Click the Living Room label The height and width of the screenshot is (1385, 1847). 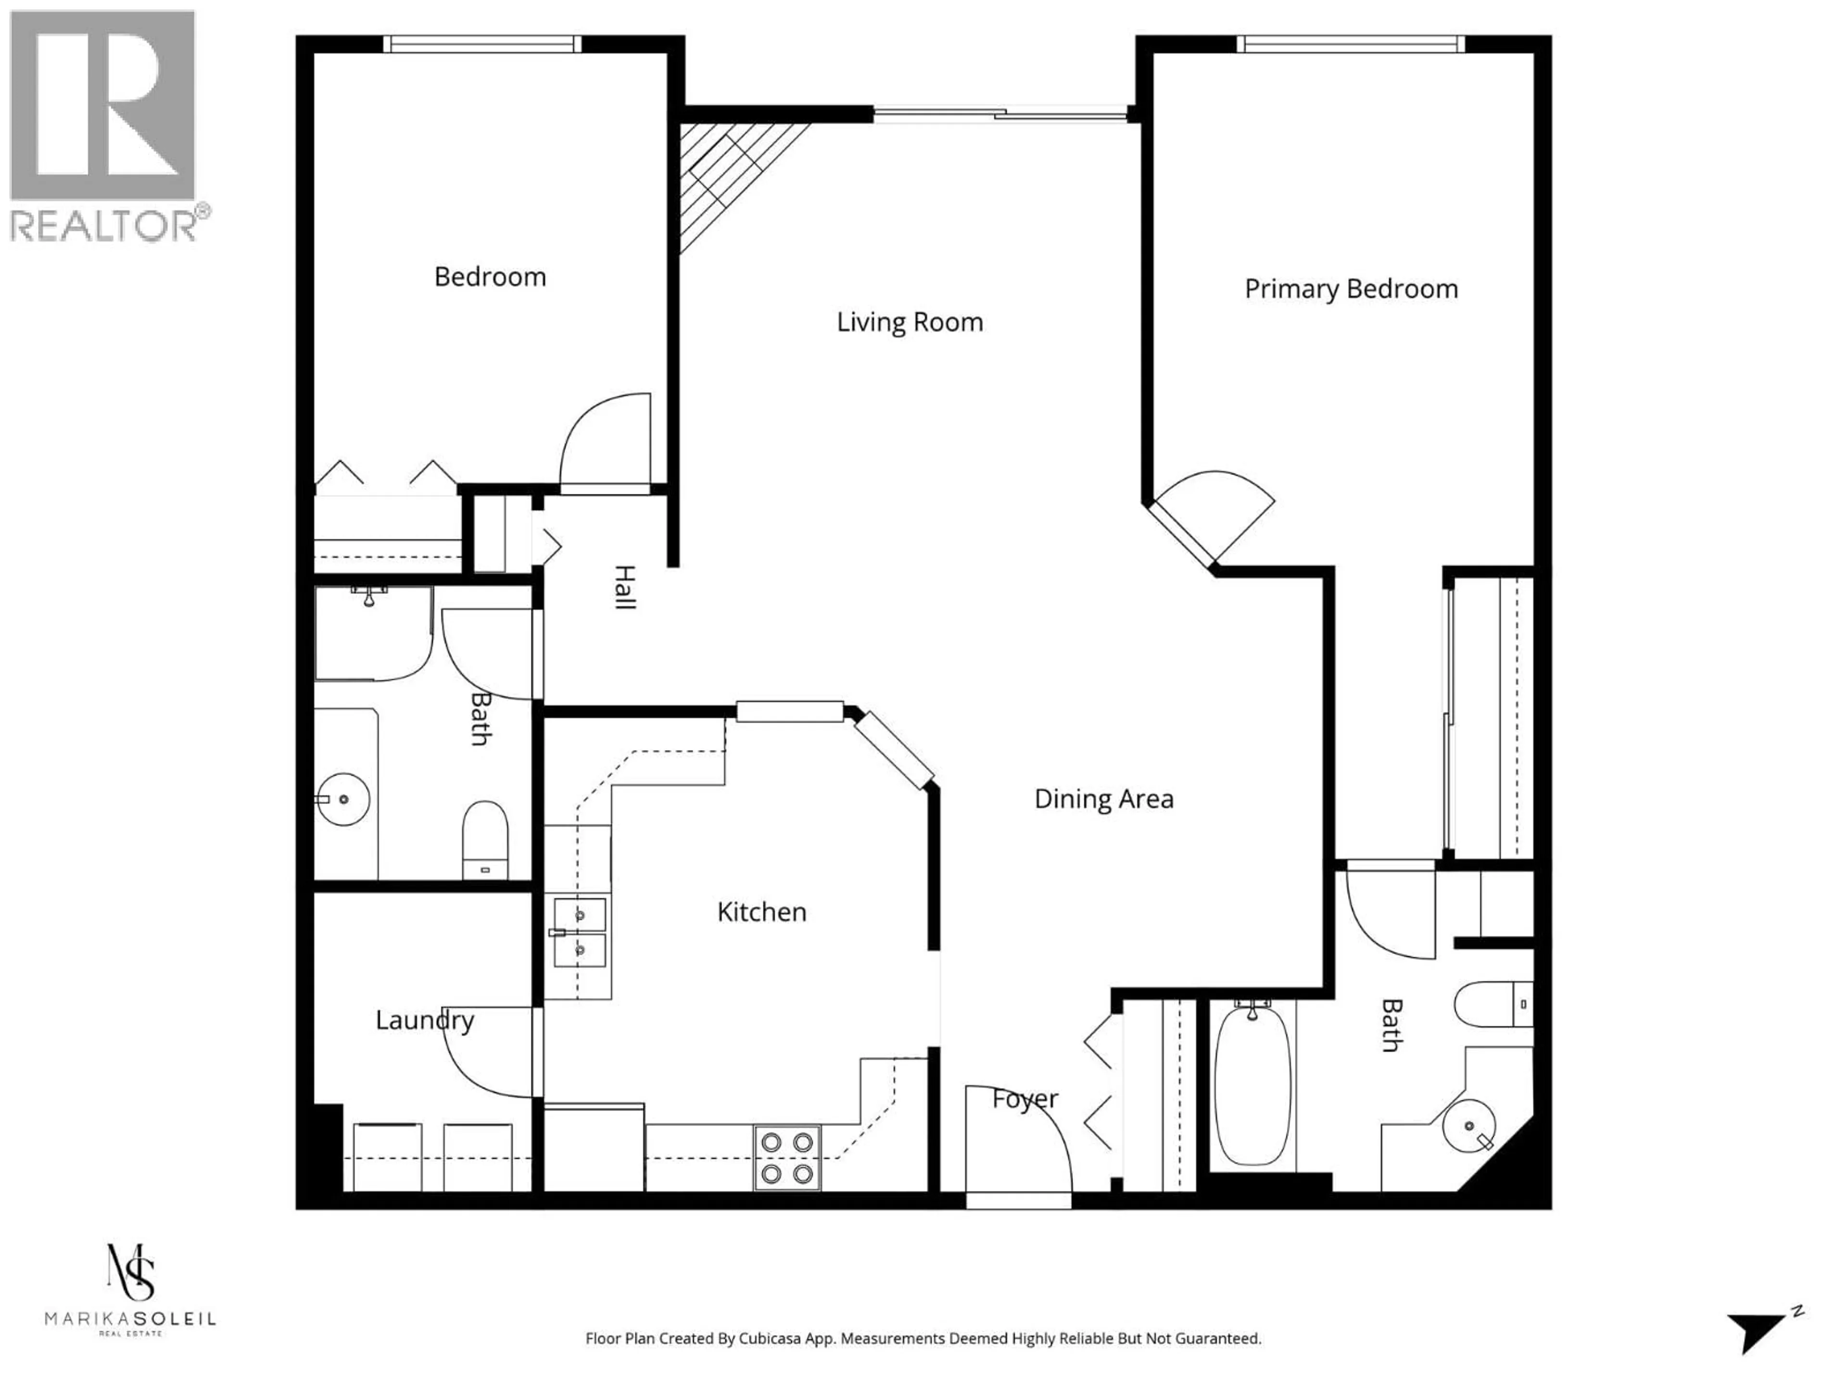tap(909, 322)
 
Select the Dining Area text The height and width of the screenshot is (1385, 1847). tap(1103, 799)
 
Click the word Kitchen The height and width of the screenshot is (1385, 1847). tap(761, 912)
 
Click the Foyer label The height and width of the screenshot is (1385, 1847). tap(1025, 1099)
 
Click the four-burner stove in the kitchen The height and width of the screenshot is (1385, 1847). tap(786, 1157)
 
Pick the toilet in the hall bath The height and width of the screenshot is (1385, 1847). tap(485, 839)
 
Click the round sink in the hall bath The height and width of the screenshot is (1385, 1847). tap(343, 799)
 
